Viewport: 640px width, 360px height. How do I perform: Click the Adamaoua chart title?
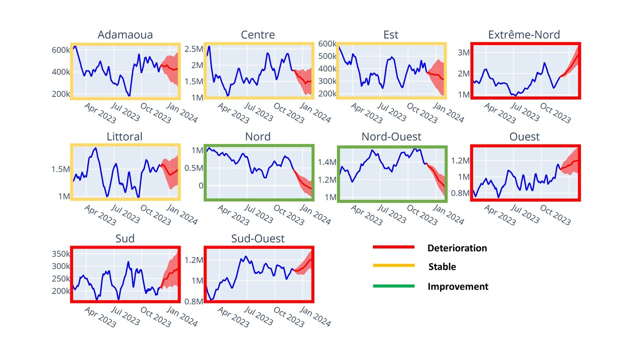point(125,34)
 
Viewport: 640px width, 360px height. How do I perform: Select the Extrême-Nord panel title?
point(523,34)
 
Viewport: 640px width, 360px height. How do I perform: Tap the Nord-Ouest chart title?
point(391,136)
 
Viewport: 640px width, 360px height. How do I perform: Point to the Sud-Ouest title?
point(257,238)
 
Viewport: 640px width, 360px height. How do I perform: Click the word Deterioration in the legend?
point(457,248)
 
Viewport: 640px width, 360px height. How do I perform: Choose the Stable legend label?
point(442,267)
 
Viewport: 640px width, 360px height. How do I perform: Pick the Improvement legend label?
point(457,286)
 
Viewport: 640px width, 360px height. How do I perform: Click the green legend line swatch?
point(393,286)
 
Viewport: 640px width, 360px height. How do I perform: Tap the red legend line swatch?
point(393,247)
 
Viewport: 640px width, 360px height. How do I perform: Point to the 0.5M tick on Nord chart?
point(193,167)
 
